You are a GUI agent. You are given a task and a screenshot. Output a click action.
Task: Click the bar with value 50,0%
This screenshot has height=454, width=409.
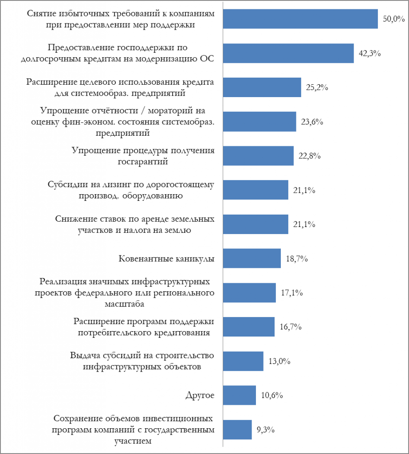(300, 19)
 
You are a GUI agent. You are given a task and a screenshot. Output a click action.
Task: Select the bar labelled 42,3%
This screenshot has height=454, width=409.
(288, 53)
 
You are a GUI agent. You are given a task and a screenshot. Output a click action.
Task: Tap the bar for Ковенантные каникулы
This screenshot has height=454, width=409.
(252, 258)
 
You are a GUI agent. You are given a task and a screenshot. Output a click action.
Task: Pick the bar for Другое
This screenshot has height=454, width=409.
(239, 395)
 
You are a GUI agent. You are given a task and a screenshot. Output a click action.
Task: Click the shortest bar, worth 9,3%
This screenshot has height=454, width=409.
(237, 430)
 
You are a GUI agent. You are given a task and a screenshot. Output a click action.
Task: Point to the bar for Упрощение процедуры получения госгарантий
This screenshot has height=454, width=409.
(258, 156)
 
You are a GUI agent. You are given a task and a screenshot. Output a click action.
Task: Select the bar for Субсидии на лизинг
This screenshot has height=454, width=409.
(255, 190)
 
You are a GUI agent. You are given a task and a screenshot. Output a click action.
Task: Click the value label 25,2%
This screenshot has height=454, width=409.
(317, 88)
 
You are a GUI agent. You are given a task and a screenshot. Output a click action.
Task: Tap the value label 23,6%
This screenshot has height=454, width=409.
(312, 122)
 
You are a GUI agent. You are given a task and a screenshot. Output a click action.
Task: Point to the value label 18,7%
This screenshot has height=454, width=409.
(297, 258)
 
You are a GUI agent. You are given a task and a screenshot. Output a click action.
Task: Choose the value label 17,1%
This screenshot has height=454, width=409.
(292, 293)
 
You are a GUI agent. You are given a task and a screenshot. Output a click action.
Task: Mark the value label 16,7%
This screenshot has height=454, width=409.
(291, 327)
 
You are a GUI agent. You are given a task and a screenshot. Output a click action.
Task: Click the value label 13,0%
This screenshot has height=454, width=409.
(279, 361)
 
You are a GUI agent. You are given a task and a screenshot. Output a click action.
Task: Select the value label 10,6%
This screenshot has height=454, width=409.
(272, 395)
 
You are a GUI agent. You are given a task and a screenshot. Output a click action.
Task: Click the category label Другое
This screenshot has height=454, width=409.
(200, 395)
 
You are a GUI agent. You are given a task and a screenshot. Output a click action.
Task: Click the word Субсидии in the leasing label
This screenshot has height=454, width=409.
(65, 185)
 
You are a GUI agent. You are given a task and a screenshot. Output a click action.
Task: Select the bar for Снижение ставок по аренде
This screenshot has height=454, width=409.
(255, 224)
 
